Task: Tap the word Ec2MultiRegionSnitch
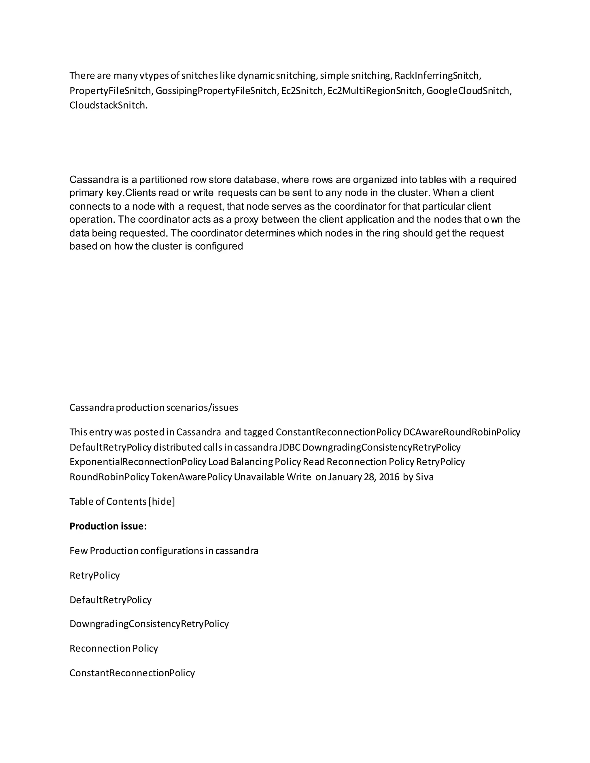coord(375,91)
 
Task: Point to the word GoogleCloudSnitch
coord(468,91)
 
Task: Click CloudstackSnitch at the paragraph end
coord(108,105)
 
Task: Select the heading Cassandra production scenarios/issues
coord(154,407)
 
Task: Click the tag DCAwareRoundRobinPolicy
coord(462,432)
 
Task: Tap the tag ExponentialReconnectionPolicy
coord(138,462)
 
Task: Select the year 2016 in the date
coord(389,477)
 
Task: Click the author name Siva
coord(424,477)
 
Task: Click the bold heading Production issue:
coord(108,526)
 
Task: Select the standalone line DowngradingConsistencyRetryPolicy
coord(149,624)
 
